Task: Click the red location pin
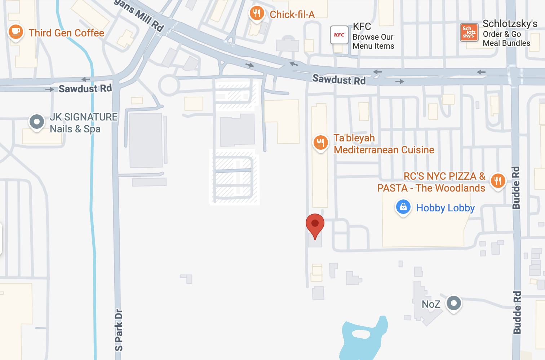[315, 224]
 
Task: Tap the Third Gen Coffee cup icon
[15, 32]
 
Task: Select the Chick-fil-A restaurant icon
[256, 14]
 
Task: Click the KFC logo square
[339, 35]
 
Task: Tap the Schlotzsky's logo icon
[469, 32]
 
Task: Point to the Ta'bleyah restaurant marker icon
[320, 142]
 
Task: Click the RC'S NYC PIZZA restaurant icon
[498, 180]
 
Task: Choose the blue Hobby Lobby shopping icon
[403, 207]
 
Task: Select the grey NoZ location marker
[453, 303]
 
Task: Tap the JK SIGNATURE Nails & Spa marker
[37, 122]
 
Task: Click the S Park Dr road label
[119, 330]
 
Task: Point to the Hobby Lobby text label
[446, 208]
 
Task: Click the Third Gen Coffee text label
[66, 33]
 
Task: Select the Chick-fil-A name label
[292, 14]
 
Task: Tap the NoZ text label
[431, 304]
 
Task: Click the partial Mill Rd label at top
[141, 14]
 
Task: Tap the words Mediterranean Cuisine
[384, 150]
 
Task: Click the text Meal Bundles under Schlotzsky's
[506, 43]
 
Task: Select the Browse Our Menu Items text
[373, 41]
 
